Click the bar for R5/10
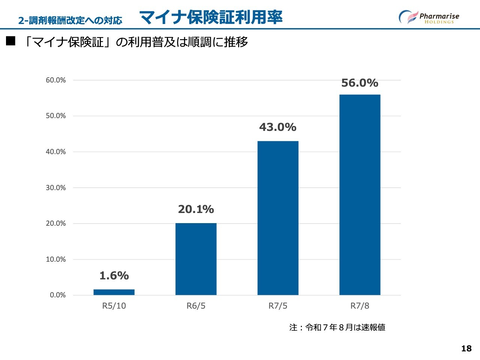coord(114,292)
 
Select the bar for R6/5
coord(196,259)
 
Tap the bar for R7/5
coord(278,218)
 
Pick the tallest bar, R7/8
coord(360,195)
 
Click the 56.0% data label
coord(360,83)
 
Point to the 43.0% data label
coord(278,127)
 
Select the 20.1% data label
coord(196,209)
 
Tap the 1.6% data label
coord(114,276)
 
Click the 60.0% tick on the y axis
coord(56,80)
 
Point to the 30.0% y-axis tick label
coord(56,187)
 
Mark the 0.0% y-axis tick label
coord(58,295)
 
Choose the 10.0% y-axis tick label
coord(56,259)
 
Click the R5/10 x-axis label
coord(114,306)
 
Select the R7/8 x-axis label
coord(360,306)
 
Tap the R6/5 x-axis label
coord(196,306)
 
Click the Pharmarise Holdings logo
coord(429,17)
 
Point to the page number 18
coord(466,348)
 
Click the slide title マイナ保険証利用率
coord(211,17)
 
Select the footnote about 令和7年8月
coord(337,327)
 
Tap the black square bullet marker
coord(10,41)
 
